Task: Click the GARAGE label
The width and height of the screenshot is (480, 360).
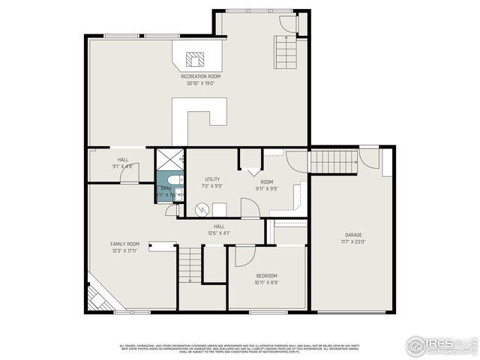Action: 353,235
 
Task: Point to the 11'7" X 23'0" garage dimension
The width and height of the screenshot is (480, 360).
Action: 353,241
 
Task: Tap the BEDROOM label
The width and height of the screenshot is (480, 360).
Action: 266,276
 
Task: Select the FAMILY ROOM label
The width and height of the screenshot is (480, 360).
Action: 125,244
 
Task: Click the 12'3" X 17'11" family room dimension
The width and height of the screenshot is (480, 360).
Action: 125,250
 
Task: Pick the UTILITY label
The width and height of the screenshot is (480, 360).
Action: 212,179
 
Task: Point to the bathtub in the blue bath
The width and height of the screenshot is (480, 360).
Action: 173,181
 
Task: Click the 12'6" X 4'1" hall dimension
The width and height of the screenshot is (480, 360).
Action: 219,233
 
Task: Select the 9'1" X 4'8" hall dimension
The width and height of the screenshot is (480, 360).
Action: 122,166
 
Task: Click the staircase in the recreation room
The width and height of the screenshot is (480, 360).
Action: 288,52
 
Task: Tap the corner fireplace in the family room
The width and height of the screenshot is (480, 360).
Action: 98,297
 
